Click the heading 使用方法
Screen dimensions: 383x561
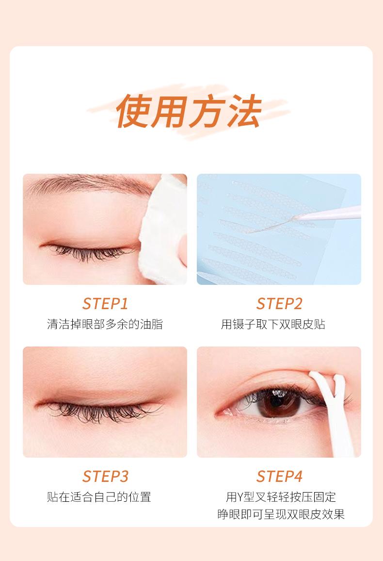pyautogui.click(x=189, y=111)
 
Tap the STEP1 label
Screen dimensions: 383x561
pyautogui.click(x=105, y=304)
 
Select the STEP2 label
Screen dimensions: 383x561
pyautogui.click(x=279, y=304)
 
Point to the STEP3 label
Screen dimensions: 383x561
pyautogui.click(x=105, y=477)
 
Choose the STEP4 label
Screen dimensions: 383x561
pyautogui.click(x=279, y=477)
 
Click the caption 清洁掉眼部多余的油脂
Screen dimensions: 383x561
pyautogui.click(x=105, y=324)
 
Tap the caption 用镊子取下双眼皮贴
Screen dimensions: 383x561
pyautogui.click(x=273, y=324)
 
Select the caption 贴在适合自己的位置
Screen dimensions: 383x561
pyautogui.click(x=99, y=497)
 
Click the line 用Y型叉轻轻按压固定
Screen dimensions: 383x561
pyautogui.click(x=281, y=497)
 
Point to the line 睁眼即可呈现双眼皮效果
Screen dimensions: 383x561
pyautogui.click(x=281, y=514)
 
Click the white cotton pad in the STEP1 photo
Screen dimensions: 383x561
pyautogui.click(x=165, y=229)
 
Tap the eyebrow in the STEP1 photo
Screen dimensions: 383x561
pyautogui.click(x=89, y=183)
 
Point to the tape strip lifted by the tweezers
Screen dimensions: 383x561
pyautogui.click(x=271, y=225)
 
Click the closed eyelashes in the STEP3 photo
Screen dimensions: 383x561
pyautogui.click(x=100, y=412)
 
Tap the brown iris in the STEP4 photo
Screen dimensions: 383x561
pyautogui.click(x=277, y=402)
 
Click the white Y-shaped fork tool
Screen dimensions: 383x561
pyautogui.click(x=334, y=412)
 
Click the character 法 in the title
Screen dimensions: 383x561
pyautogui.click(x=244, y=111)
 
